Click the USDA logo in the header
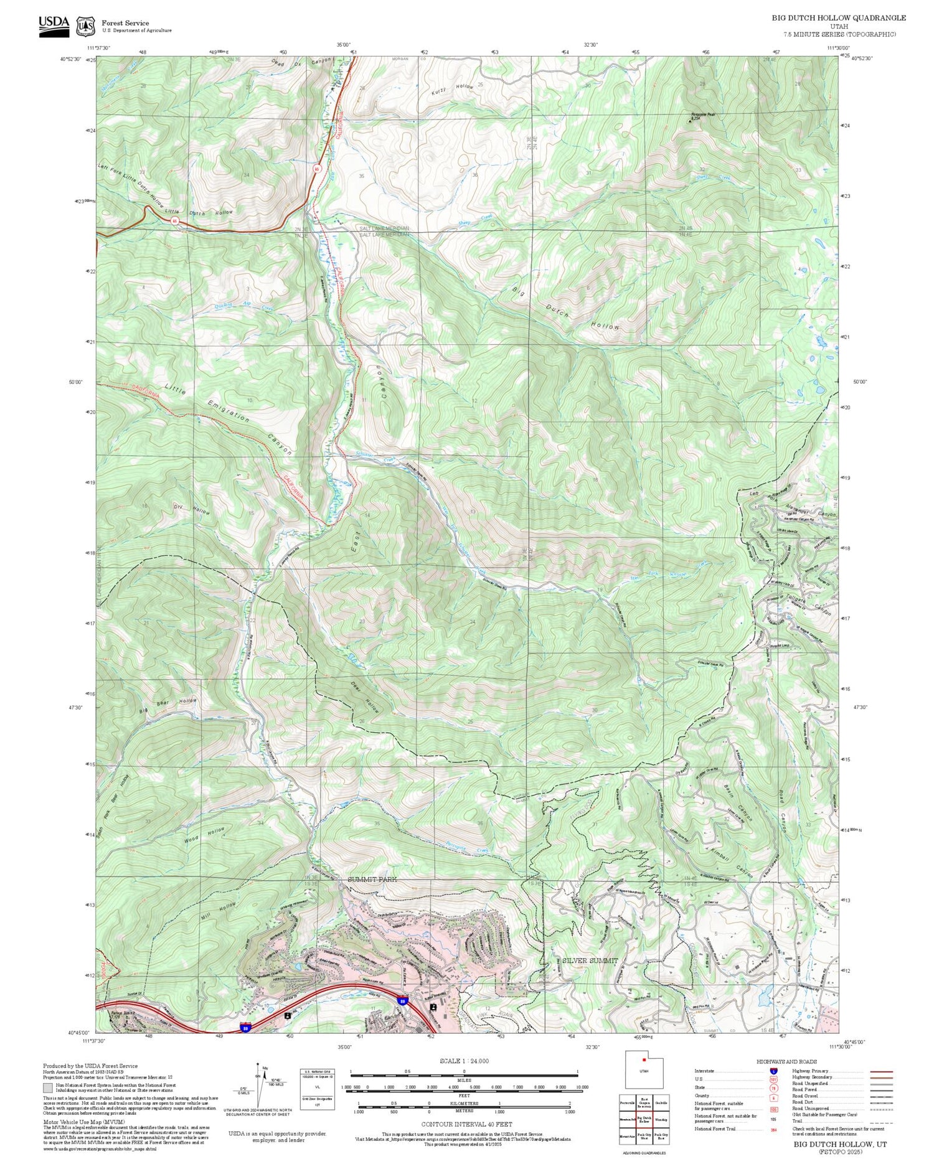(x=54, y=24)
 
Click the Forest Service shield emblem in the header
(x=85, y=26)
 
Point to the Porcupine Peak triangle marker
(x=689, y=120)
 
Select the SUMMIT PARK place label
(x=372, y=879)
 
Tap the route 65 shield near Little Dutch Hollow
(x=175, y=220)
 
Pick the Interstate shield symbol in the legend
(x=773, y=1071)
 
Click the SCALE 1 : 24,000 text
(x=464, y=1061)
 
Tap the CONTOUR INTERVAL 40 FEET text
(x=466, y=1124)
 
